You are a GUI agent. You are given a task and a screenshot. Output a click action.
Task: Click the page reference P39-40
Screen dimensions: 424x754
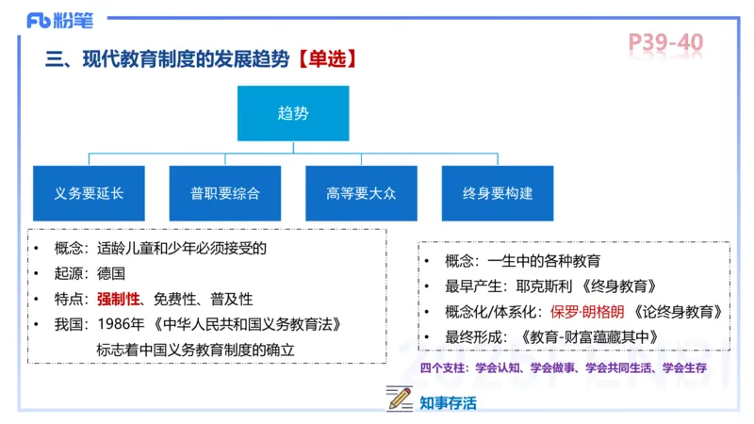(665, 42)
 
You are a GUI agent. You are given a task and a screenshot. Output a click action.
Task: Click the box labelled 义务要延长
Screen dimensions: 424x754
(89, 193)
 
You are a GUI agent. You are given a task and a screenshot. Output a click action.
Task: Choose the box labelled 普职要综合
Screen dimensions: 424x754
(225, 193)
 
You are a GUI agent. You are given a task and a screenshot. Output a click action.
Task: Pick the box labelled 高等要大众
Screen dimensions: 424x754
(361, 193)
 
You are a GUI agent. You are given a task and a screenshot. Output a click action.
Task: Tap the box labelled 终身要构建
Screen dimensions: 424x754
(498, 193)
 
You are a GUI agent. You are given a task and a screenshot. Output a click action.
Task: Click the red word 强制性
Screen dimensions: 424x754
(118, 299)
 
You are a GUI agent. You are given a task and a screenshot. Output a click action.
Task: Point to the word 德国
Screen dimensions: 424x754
(110, 274)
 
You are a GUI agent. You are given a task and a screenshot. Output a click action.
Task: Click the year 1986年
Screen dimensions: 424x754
(118, 324)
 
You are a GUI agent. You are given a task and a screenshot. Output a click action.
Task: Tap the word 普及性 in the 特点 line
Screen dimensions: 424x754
(232, 299)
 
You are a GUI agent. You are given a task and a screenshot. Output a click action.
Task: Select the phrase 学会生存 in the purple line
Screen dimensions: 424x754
(684, 367)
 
